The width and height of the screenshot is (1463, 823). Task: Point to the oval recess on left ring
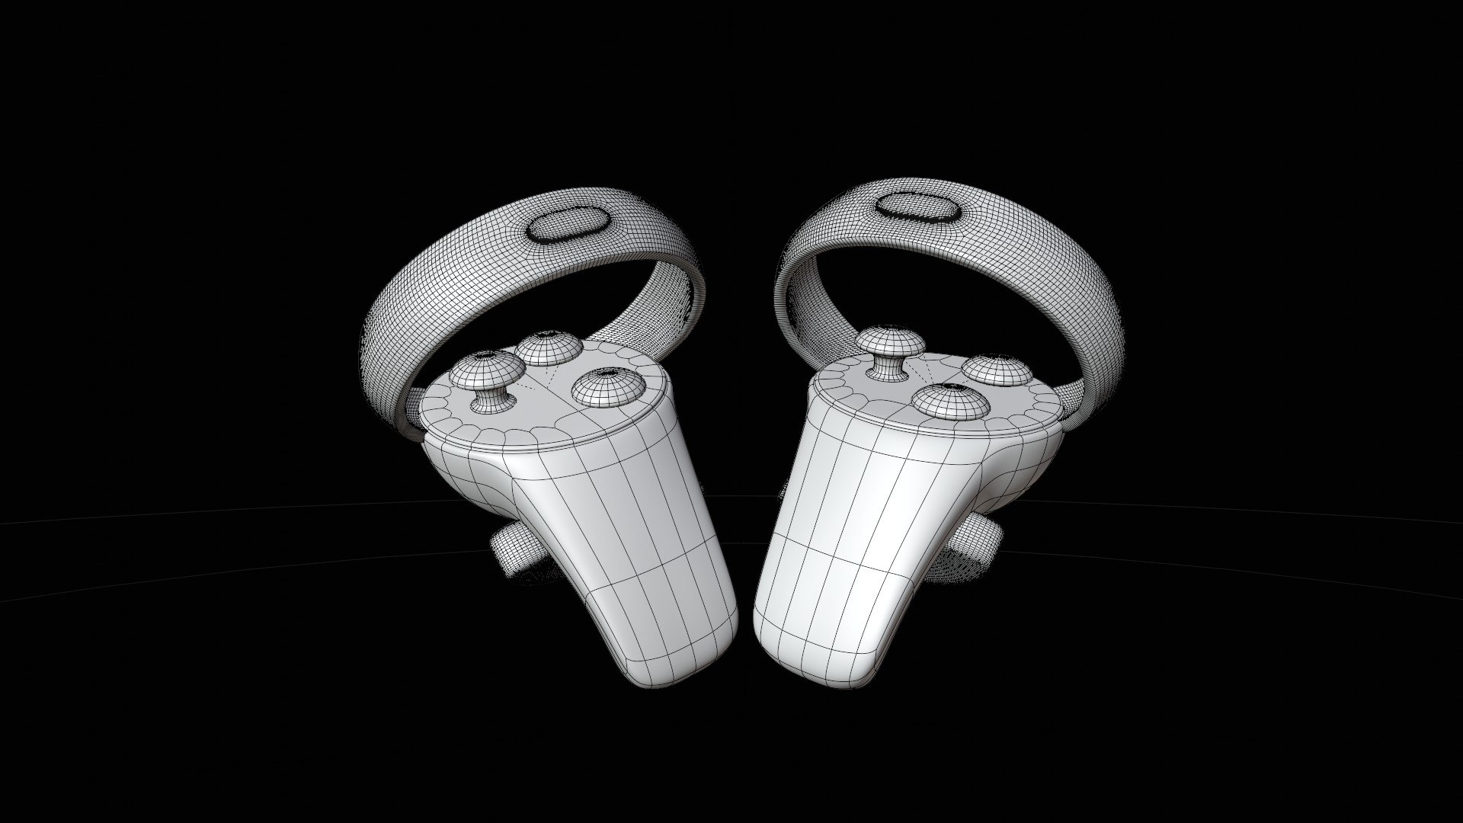point(568,225)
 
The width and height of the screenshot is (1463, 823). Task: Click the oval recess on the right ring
point(919,206)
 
